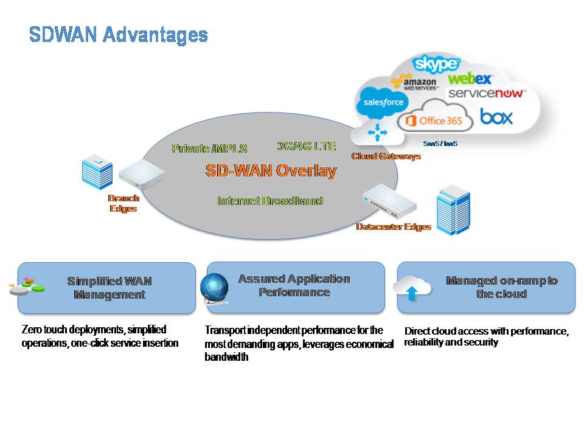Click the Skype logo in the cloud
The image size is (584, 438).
pos(436,64)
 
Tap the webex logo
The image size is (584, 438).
pos(470,78)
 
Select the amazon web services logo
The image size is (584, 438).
pos(414,82)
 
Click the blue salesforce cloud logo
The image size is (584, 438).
pos(383,102)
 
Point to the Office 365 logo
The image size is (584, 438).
pos(434,120)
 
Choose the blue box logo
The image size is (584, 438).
pos(496,117)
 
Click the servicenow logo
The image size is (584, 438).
pos(487,93)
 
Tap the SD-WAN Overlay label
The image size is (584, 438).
pos(271,171)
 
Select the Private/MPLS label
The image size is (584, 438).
pos(209,148)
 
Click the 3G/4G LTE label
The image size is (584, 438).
pos(306,146)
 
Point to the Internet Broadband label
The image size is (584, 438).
pos(270,201)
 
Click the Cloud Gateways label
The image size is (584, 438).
pos(386,156)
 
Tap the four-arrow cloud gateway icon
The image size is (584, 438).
pos(377,133)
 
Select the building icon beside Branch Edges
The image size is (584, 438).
pos(97,172)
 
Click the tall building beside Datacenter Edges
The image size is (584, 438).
pos(453,210)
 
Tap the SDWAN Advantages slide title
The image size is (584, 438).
pos(118,35)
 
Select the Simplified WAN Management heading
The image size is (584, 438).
pos(109,288)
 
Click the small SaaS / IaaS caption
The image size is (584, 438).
pos(440,144)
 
